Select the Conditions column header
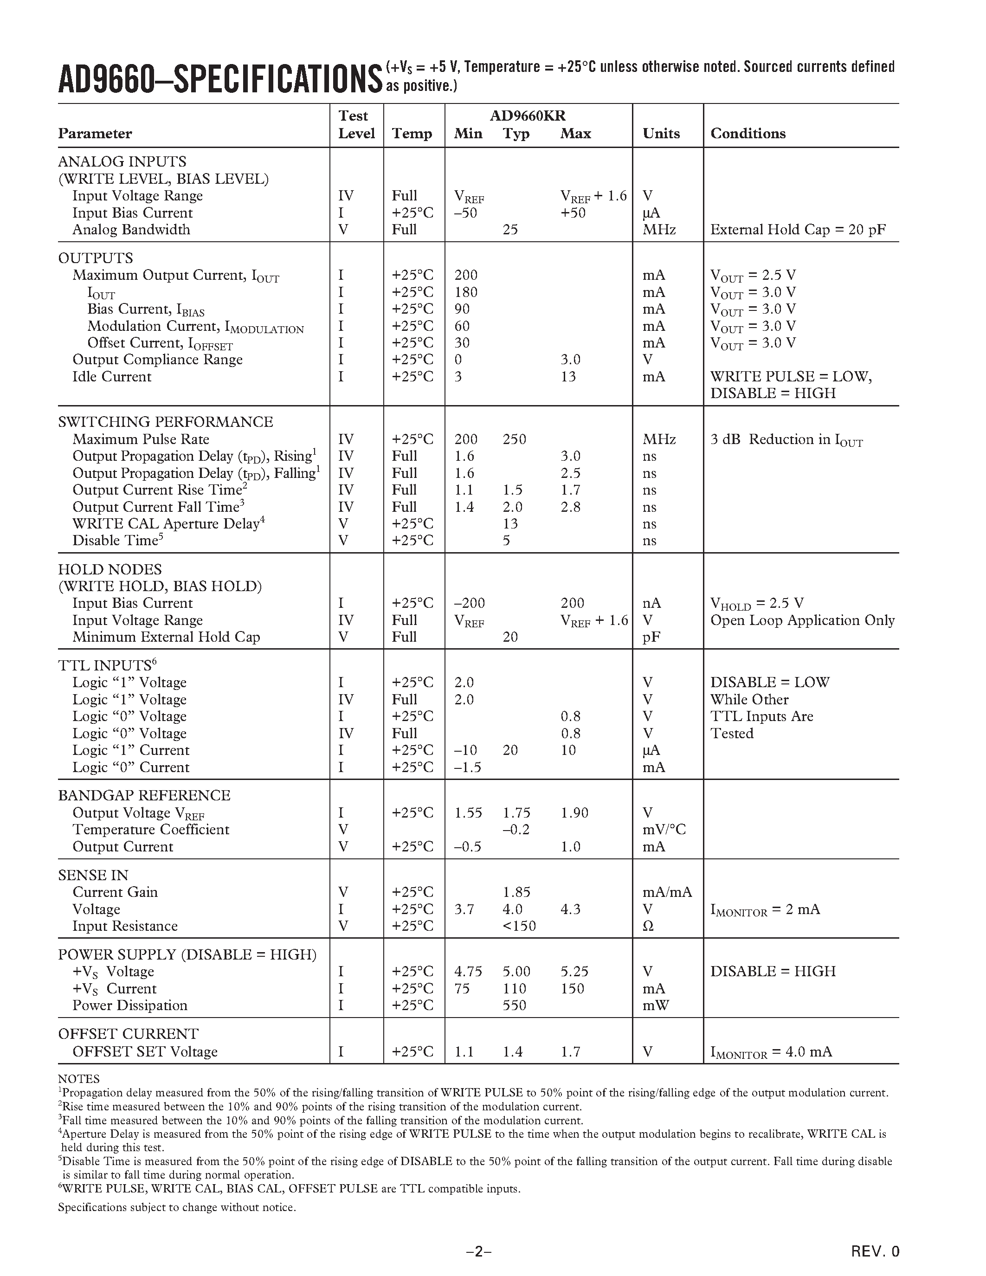pos(748,134)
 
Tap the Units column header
pos(661,134)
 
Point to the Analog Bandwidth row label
pos(131,230)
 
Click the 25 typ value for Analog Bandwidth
pos(510,230)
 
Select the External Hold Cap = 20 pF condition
pos(797,230)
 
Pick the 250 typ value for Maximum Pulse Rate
pos(514,439)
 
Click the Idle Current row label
pos(111,377)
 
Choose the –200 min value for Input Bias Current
pos(470,604)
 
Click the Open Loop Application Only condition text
pos(802,620)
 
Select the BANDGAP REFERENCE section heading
pos(144,796)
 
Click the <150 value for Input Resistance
pos(519,926)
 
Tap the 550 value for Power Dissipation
pos(514,1005)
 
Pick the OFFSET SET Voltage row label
pos(144,1051)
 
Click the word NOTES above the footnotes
pos(78,1079)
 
